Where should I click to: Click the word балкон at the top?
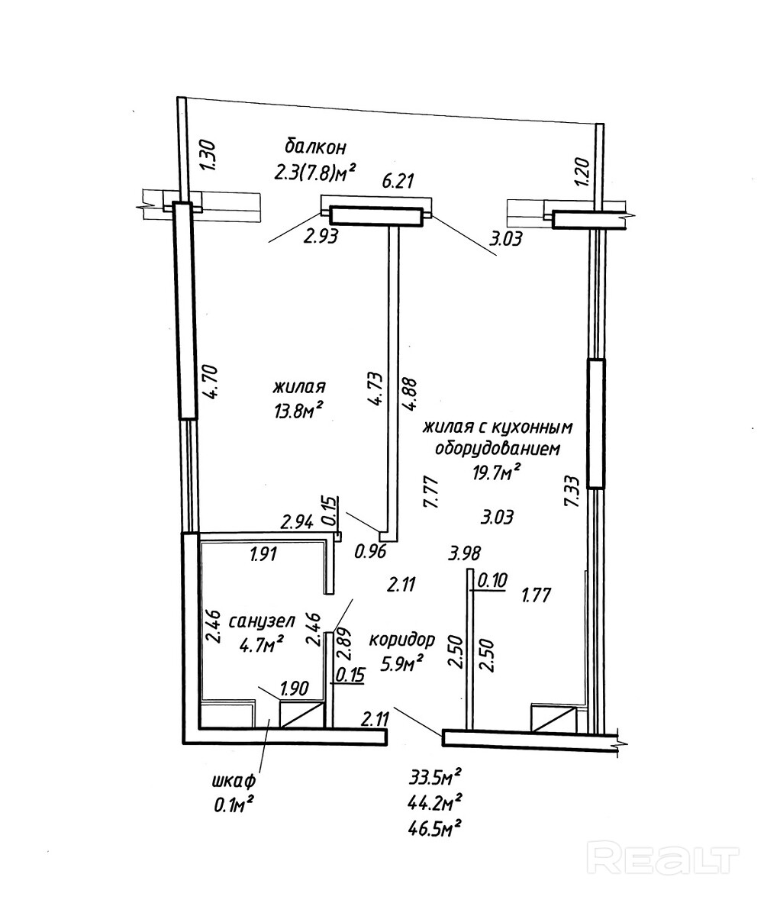point(315,145)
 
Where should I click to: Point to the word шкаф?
point(232,782)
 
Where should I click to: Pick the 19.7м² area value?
point(497,473)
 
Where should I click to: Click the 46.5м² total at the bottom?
point(436,827)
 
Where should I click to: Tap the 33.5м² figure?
point(436,778)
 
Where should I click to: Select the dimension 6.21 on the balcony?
point(397,181)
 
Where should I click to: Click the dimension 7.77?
point(429,492)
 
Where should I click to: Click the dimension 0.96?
point(372,551)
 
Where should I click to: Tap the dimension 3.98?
point(465,553)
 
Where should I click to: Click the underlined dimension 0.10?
point(492,581)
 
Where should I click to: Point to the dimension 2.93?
point(321,237)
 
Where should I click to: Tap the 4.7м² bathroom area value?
point(262,646)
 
